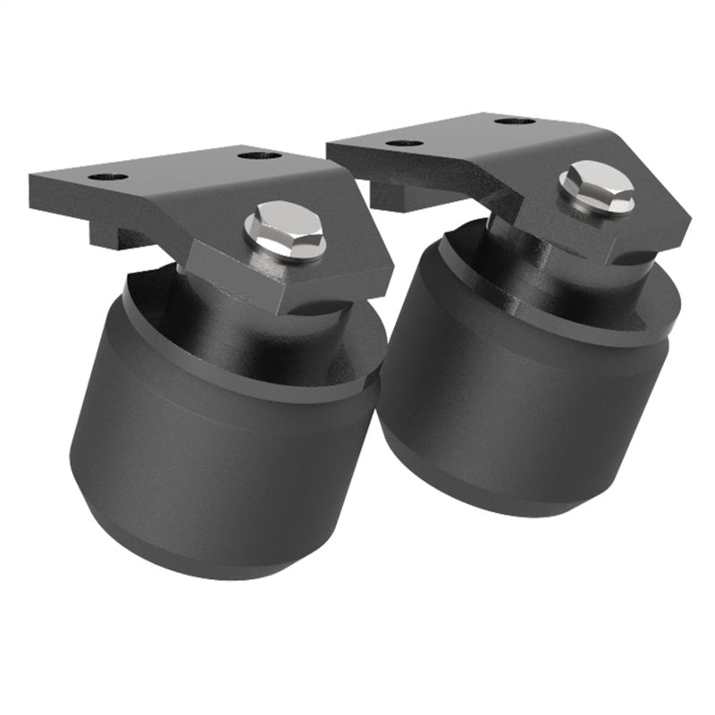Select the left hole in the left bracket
tap(107, 177)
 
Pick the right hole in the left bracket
tap(260, 156)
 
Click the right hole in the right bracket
tap(515, 120)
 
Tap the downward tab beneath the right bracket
tap(393, 195)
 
